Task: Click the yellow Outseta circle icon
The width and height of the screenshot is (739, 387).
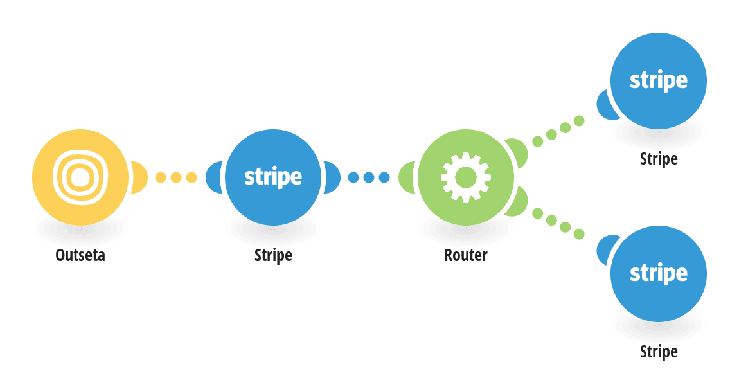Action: pos(80,177)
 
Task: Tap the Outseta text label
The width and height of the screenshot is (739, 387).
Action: pos(80,255)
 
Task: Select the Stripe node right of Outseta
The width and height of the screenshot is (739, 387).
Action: pos(273,177)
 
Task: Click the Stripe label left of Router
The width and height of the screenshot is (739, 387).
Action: pos(273,255)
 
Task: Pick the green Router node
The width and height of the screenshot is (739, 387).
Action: pos(466,177)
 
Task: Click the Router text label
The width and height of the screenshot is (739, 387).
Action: pos(466,255)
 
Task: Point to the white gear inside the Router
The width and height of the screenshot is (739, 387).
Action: pos(466,177)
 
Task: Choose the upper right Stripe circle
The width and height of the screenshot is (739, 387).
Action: pos(659,80)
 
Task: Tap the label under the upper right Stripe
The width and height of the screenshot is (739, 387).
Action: pos(659,159)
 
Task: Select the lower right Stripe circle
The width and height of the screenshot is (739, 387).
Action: pos(659,274)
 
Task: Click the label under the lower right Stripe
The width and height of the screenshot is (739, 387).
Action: pos(659,352)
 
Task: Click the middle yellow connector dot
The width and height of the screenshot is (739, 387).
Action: pos(176,177)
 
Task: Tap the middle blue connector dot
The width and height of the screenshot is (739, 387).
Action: pos(369,177)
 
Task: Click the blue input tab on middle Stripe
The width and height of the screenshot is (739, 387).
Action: pos(213,177)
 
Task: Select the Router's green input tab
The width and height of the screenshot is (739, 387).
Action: pos(406,177)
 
